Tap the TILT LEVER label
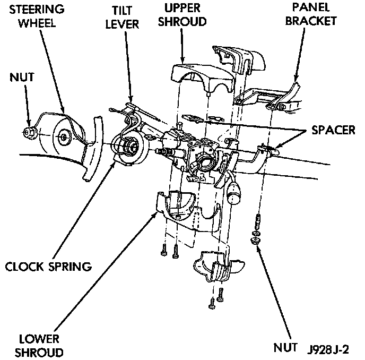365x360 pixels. [x=126, y=18]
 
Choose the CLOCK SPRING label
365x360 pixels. [x=48, y=265]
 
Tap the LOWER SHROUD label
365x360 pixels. [x=39, y=345]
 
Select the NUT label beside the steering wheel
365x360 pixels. [x=23, y=78]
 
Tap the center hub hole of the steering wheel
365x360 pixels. [x=64, y=137]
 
